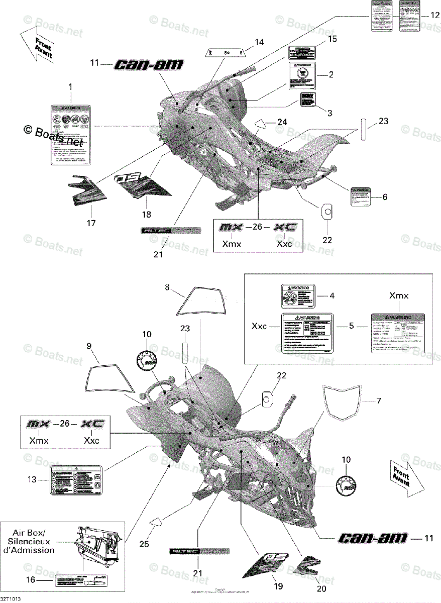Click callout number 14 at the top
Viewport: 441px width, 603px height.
pyautogui.click(x=259, y=42)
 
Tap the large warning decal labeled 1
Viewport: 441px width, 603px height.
pyautogui.click(x=71, y=135)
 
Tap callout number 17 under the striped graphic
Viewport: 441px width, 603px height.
pyautogui.click(x=91, y=223)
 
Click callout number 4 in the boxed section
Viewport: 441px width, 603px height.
pyautogui.click(x=332, y=296)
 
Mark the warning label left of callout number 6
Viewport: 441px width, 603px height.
pyautogui.click(x=359, y=197)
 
